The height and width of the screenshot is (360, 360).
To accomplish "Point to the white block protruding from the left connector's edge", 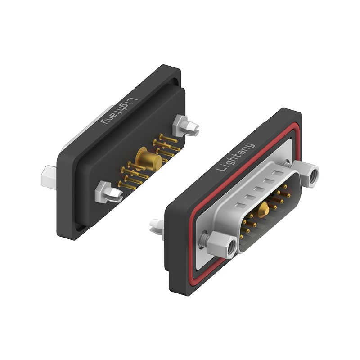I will click(x=48, y=176).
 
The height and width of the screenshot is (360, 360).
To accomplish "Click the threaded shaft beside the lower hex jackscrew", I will click(x=205, y=238).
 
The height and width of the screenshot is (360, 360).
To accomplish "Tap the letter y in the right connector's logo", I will click(x=250, y=146).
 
